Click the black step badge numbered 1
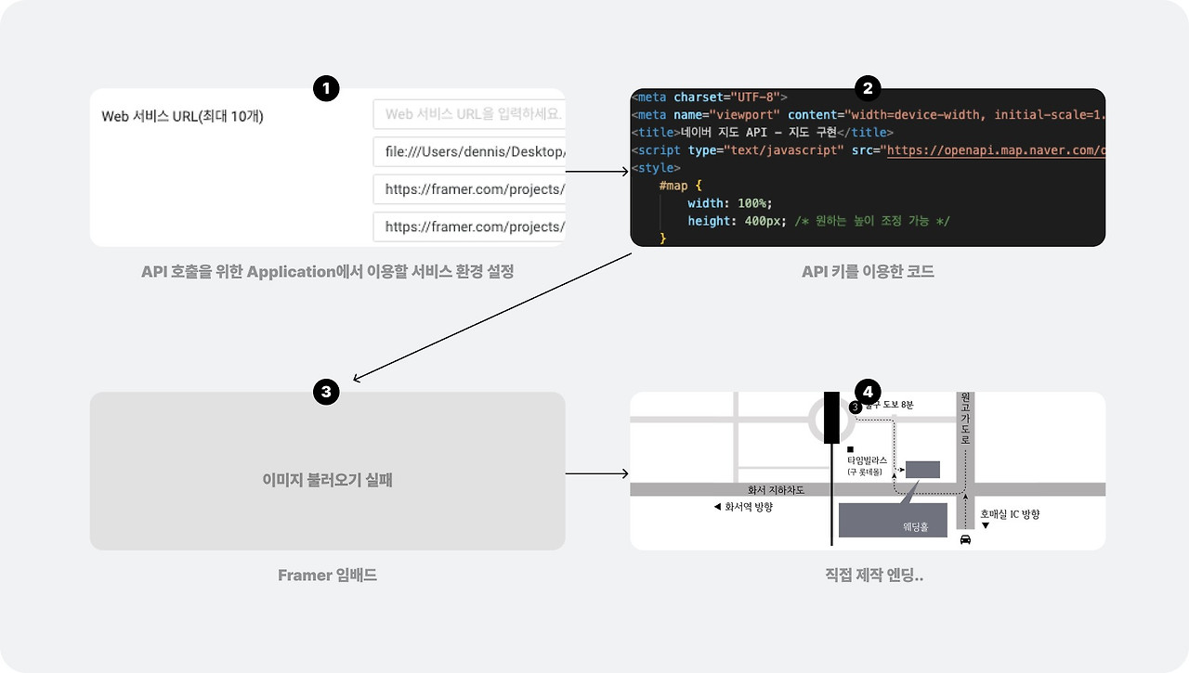[326, 89]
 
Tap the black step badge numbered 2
[868, 89]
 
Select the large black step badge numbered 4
[868, 392]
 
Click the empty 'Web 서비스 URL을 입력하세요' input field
[469, 114]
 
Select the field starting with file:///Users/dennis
[469, 151]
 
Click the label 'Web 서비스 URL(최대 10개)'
[183, 116]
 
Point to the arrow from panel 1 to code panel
[597, 172]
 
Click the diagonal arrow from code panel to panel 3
[492, 317]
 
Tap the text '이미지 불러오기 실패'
[327, 481]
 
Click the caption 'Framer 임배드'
[327, 576]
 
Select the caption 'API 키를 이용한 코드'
[868, 272]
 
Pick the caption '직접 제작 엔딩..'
[868, 576]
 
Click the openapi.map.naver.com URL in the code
[995, 150]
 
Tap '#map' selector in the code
[673, 186]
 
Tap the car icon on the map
[965, 538]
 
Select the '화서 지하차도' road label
[776, 490]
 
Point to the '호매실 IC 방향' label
[1010, 513]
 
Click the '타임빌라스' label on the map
[867, 460]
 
